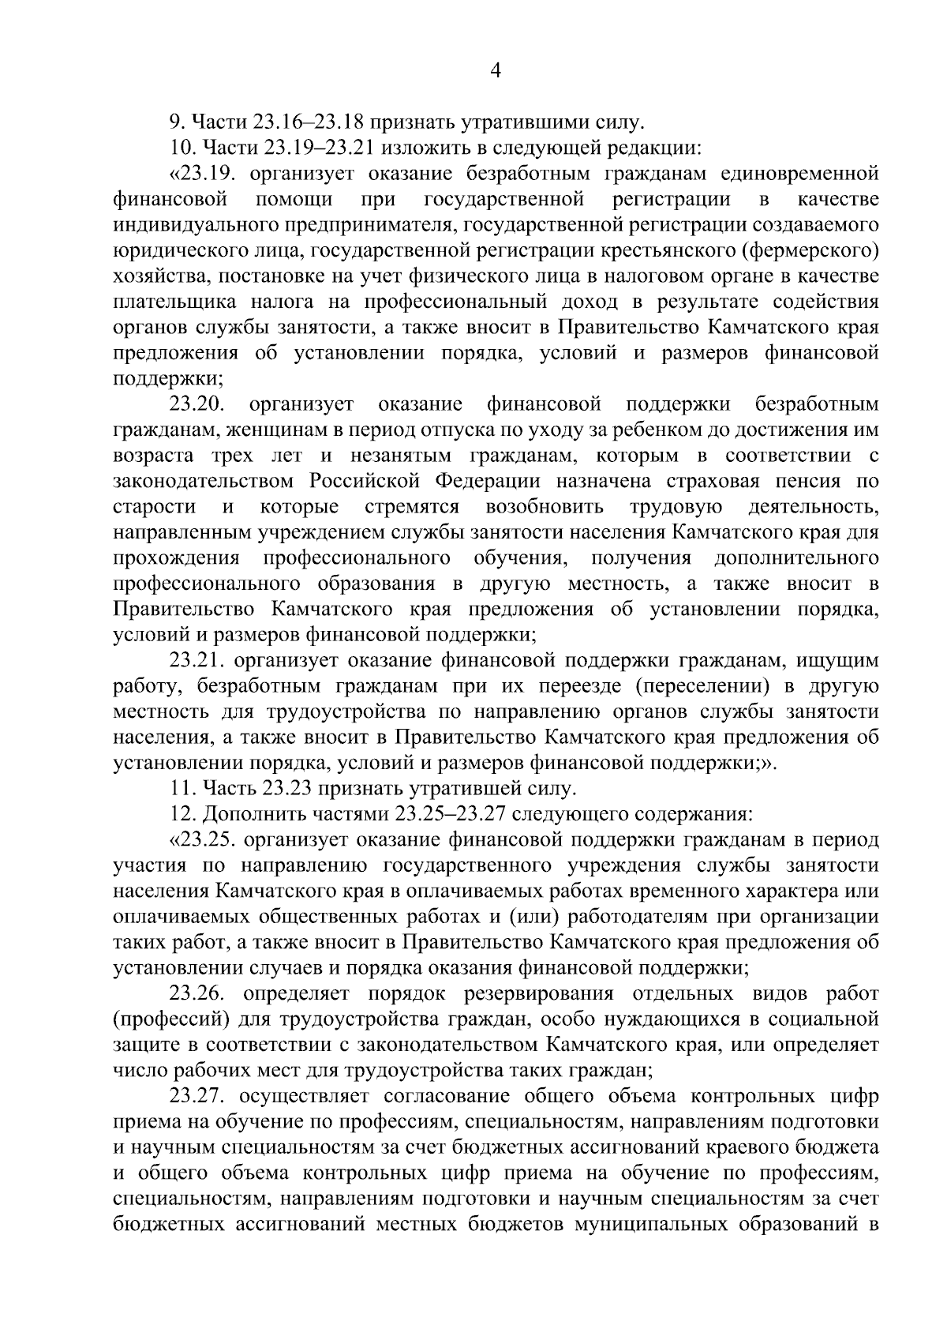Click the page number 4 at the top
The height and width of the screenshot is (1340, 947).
pos(496,71)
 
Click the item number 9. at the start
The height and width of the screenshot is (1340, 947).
pos(177,122)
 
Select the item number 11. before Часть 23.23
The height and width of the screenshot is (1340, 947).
pos(181,789)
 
